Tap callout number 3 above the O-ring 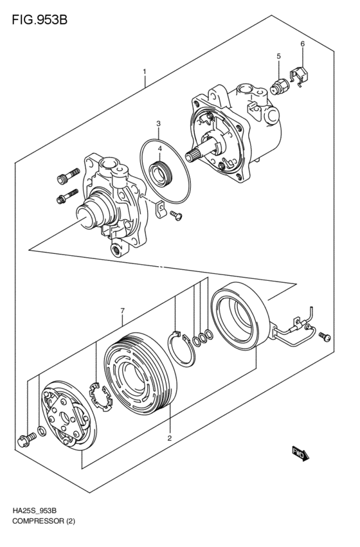click(x=159, y=148)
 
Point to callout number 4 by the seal click(x=278, y=57)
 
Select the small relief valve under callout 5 click(x=280, y=85)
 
